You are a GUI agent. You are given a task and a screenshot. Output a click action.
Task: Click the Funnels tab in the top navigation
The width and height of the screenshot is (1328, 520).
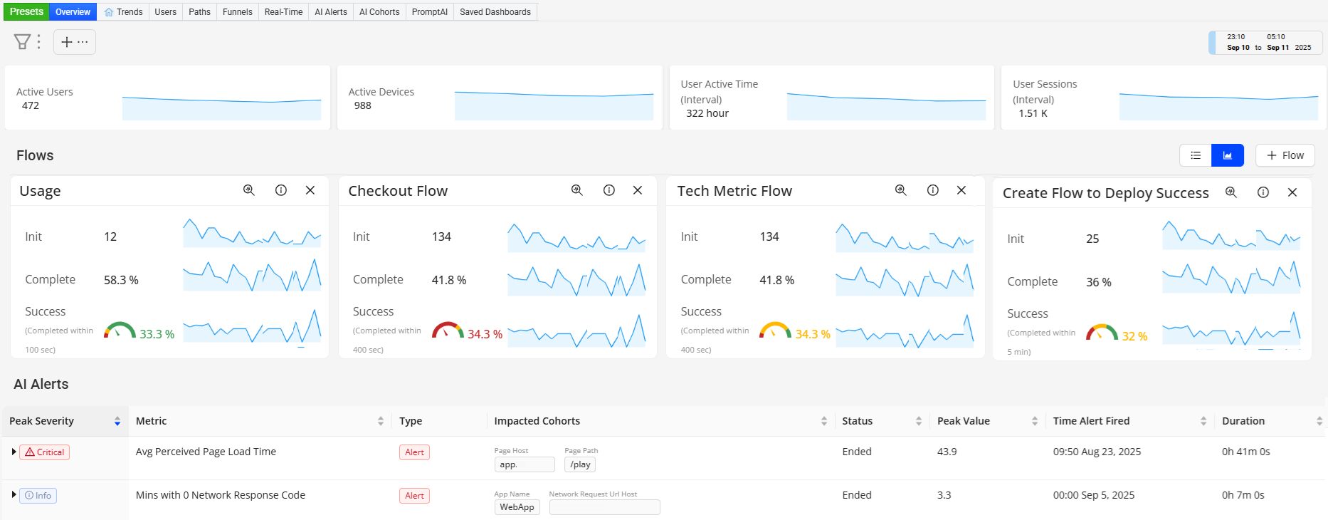tap(237, 12)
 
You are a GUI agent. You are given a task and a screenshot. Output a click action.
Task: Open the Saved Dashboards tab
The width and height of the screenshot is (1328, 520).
tap(495, 12)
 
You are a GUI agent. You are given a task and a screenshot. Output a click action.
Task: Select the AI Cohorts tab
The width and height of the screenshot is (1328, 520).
tap(379, 12)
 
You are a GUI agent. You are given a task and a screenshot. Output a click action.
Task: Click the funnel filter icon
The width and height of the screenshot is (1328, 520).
tap(22, 42)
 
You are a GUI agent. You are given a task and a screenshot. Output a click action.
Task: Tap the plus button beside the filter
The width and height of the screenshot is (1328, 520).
tap(67, 42)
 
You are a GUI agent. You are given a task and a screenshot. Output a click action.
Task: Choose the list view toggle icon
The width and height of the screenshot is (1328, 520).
tap(1196, 155)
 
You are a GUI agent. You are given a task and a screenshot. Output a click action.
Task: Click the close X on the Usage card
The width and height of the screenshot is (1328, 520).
tap(310, 190)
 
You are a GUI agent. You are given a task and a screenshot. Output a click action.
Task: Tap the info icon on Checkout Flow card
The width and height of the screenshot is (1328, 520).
tap(609, 190)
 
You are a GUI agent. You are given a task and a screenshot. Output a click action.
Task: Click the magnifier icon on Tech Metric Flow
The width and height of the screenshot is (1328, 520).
tap(901, 190)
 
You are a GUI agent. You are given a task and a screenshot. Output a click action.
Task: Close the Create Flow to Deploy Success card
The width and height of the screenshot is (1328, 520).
tap(1292, 192)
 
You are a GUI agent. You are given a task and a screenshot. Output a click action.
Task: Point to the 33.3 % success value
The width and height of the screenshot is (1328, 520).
tap(157, 334)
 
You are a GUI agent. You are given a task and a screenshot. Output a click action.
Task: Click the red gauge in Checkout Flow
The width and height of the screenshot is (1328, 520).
tap(448, 331)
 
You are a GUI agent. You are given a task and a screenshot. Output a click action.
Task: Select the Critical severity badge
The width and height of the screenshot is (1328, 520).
tap(44, 452)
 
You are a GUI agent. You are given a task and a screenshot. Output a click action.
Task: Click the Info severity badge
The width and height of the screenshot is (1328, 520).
tap(38, 496)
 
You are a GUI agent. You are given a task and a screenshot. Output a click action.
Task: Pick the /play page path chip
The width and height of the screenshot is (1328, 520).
tap(580, 464)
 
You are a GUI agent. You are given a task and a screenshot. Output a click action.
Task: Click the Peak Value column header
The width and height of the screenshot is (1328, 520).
tap(964, 421)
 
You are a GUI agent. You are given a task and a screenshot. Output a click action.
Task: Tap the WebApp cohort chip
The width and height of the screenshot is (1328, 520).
tap(517, 507)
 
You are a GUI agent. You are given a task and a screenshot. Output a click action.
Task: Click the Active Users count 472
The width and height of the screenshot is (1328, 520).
tap(31, 105)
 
